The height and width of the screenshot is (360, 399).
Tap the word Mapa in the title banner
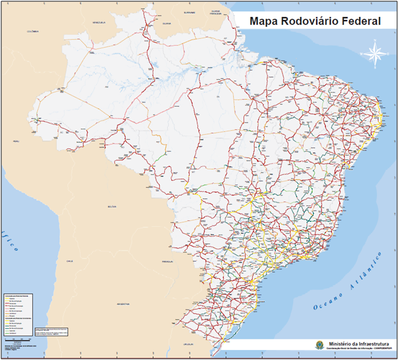[264, 22]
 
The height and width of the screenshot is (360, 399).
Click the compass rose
[375, 54]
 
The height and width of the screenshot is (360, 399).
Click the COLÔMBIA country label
[32, 31]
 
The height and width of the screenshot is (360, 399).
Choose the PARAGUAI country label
[167, 261]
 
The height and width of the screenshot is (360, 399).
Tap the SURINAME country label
[190, 12]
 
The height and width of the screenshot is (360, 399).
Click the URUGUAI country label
[181, 343]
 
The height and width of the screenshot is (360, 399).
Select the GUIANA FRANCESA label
[215, 12]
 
